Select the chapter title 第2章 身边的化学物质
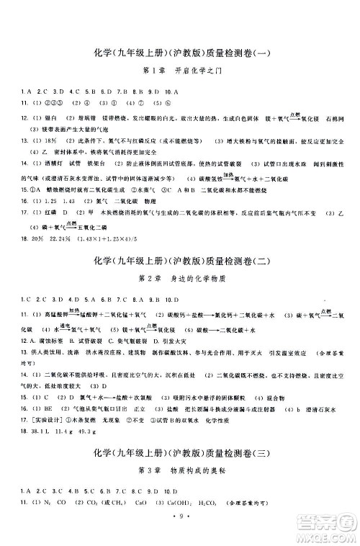pos(179,277)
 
